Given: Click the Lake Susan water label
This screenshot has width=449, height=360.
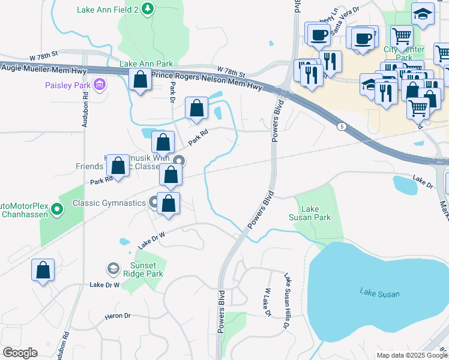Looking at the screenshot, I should point(379,293).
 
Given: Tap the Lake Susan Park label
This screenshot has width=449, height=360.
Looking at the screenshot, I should point(310,214).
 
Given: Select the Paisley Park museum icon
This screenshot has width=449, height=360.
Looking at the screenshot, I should point(100,85).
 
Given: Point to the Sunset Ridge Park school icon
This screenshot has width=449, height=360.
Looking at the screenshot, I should point(112,268).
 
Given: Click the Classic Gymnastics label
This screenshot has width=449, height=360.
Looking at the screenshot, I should point(109,203).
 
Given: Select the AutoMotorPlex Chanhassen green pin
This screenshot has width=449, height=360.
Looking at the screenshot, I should point(57,209).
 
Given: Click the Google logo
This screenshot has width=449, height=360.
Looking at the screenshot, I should point(20,353).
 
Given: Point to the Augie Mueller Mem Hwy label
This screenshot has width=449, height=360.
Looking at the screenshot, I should point(35,71).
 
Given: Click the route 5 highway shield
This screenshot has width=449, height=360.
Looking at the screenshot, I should point(342,126).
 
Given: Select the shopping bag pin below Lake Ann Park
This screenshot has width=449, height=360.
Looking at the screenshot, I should point(140,79).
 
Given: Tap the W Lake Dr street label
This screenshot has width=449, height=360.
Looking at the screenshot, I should point(266,302).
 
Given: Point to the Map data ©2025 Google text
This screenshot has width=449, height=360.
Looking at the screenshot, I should point(411,355).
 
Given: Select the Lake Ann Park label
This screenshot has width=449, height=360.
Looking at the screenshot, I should point(146,64).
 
